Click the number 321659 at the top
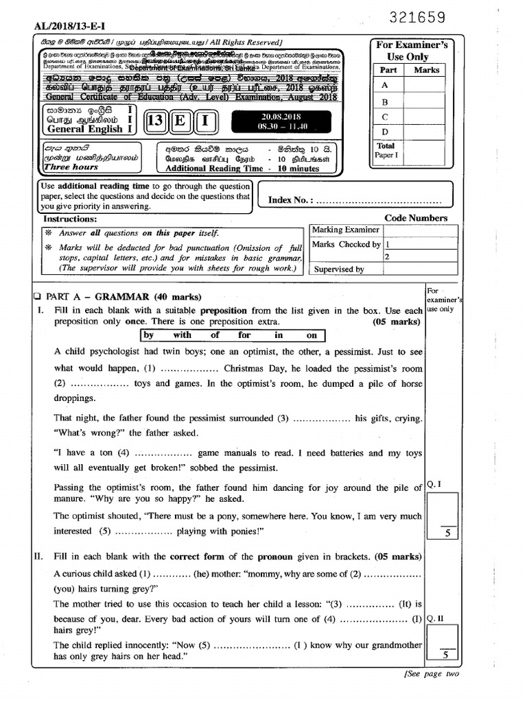417,17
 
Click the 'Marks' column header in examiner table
426,70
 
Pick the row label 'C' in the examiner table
385,117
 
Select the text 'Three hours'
71,167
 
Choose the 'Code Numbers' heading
416,218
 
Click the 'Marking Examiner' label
345,230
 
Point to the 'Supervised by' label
339,269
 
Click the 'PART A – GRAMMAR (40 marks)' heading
123,297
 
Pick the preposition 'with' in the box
183,335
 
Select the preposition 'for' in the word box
245,335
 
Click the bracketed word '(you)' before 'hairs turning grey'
65,589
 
